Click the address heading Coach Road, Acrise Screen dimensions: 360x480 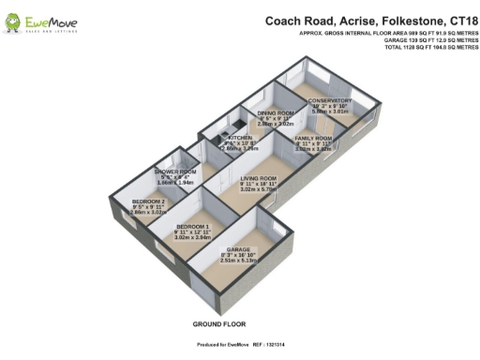click(369, 20)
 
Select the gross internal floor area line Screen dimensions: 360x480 click(388, 33)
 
